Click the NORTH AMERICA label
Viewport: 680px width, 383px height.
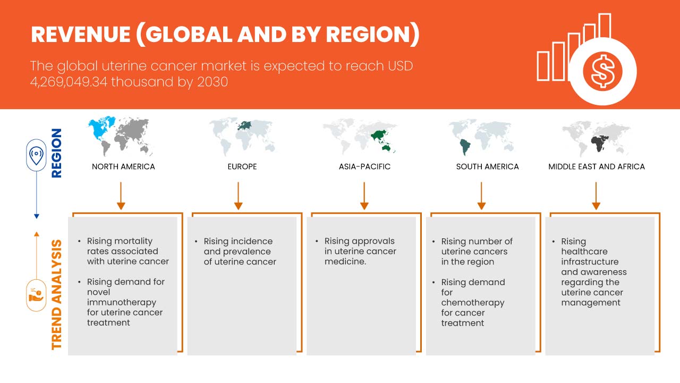point(123,166)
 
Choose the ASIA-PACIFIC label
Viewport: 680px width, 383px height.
point(364,166)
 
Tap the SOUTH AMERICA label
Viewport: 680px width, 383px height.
point(487,166)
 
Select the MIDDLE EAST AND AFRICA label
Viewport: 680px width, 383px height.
point(597,166)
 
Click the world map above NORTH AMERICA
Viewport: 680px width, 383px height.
point(121,136)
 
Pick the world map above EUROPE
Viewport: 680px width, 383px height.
point(242,136)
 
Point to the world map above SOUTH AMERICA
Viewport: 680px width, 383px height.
point(481,136)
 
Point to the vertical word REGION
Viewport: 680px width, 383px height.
point(56,153)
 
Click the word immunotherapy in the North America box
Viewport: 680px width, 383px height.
point(122,302)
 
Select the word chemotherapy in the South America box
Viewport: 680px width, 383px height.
point(473,302)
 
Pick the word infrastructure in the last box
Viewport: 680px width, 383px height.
point(590,262)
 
